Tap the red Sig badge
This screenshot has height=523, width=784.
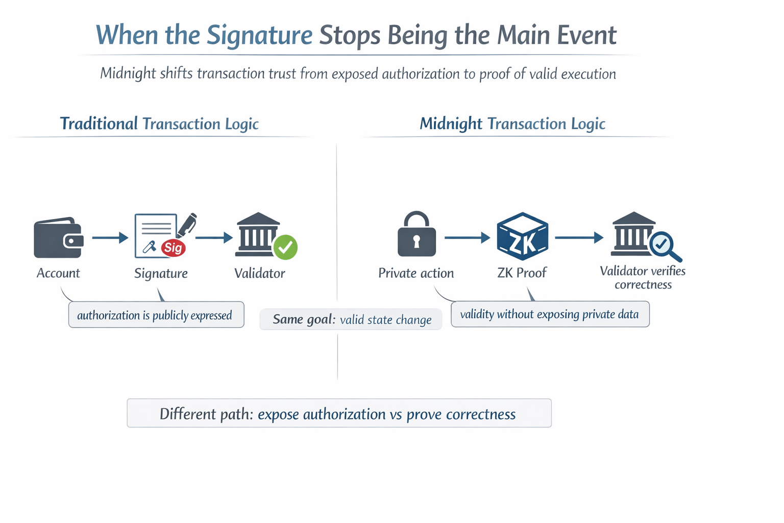tap(173, 248)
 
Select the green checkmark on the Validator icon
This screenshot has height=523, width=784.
tap(285, 247)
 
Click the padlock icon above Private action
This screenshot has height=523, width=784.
tap(416, 234)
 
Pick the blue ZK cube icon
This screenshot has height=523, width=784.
tap(522, 237)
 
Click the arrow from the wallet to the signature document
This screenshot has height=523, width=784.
tap(110, 237)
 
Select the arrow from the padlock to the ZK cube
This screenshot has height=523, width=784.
tap(467, 237)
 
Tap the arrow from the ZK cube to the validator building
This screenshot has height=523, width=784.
tap(578, 237)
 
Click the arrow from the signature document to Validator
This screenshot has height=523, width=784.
tap(214, 237)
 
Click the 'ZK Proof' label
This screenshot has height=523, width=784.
tap(522, 273)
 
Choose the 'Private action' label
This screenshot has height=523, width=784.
tap(416, 273)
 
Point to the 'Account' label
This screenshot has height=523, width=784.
tap(58, 273)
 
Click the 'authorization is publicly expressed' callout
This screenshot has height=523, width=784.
tap(156, 315)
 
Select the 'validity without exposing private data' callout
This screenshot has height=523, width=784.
tap(550, 314)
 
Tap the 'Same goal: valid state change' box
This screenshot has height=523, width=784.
tap(351, 320)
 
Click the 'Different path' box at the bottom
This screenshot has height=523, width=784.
tap(339, 413)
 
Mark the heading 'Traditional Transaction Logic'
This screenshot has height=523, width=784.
tap(159, 124)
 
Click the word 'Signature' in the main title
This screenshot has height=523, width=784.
tap(259, 35)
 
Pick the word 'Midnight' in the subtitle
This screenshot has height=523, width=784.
tap(128, 74)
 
